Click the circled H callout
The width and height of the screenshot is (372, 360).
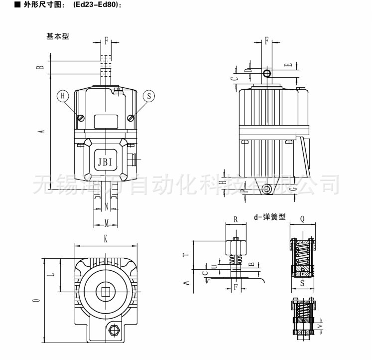pyautogui.click(x=63, y=96)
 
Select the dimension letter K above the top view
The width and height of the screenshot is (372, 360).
pyautogui.click(x=106, y=239)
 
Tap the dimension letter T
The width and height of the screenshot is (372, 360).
pyautogui.click(x=186, y=254)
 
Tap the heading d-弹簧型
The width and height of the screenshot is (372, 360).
pyautogui.click(x=269, y=217)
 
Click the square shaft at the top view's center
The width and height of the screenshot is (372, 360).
pyautogui.click(x=106, y=292)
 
